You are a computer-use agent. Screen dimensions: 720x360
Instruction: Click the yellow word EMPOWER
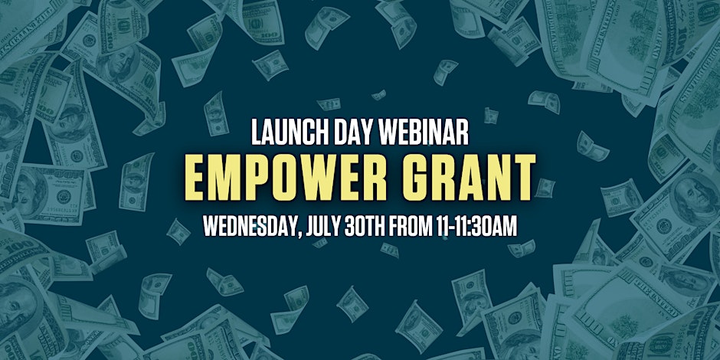point(287,177)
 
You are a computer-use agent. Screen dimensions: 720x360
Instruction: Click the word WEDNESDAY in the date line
point(251,226)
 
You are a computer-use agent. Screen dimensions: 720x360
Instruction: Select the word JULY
point(326,226)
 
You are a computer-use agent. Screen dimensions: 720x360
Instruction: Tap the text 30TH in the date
point(368,226)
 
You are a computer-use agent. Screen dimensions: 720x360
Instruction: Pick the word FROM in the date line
point(411,226)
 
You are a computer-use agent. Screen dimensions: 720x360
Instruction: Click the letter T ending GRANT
point(523,177)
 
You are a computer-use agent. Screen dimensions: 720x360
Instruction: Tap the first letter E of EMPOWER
point(197,177)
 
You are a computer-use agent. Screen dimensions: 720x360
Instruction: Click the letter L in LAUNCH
point(257,133)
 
